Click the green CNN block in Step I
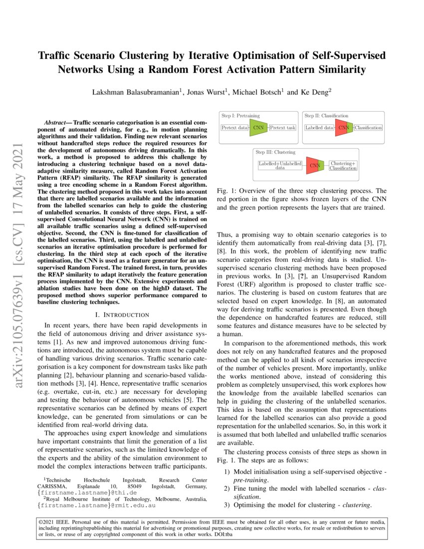258,128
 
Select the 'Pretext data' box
234,128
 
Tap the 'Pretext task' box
283,128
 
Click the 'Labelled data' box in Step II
319,128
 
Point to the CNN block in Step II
344,128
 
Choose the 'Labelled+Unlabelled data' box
280,166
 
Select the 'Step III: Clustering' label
275,152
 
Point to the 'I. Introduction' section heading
122,315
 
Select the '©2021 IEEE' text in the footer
54,523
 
